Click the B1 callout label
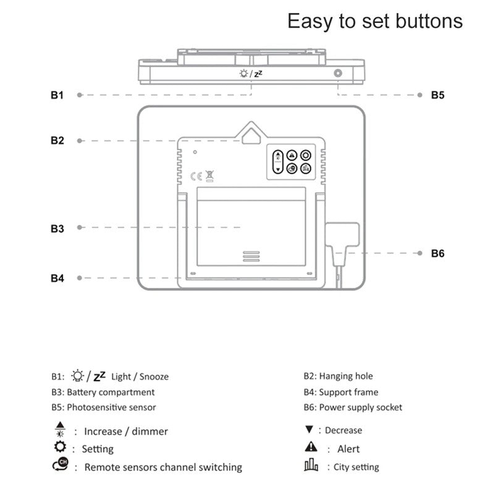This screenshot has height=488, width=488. pyautogui.click(x=57, y=95)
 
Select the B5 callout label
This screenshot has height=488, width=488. pyautogui.click(x=437, y=95)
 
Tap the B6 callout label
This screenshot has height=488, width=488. pyautogui.click(x=437, y=253)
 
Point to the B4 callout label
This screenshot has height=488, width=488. pyautogui.click(x=57, y=279)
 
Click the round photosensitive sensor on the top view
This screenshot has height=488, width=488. pyautogui.click(x=338, y=74)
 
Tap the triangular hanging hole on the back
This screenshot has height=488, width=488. pyautogui.click(x=250, y=134)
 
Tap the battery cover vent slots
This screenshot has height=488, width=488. pyautogui.click(x=251, y=256)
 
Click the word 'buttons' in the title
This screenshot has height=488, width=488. pyautogui.click(x=427, y=21)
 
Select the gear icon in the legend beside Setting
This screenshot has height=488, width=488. pyautogui.click(x=60, y=447)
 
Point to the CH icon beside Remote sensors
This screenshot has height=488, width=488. pyautogui.click(x=59, y=466)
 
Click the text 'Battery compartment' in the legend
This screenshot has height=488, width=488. pyautogui.click(x=111, y=392)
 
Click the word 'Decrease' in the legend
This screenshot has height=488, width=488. pyautogui.click(x=343, y=431)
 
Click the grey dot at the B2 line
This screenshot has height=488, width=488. pyautogui.click(x=79, y=141)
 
